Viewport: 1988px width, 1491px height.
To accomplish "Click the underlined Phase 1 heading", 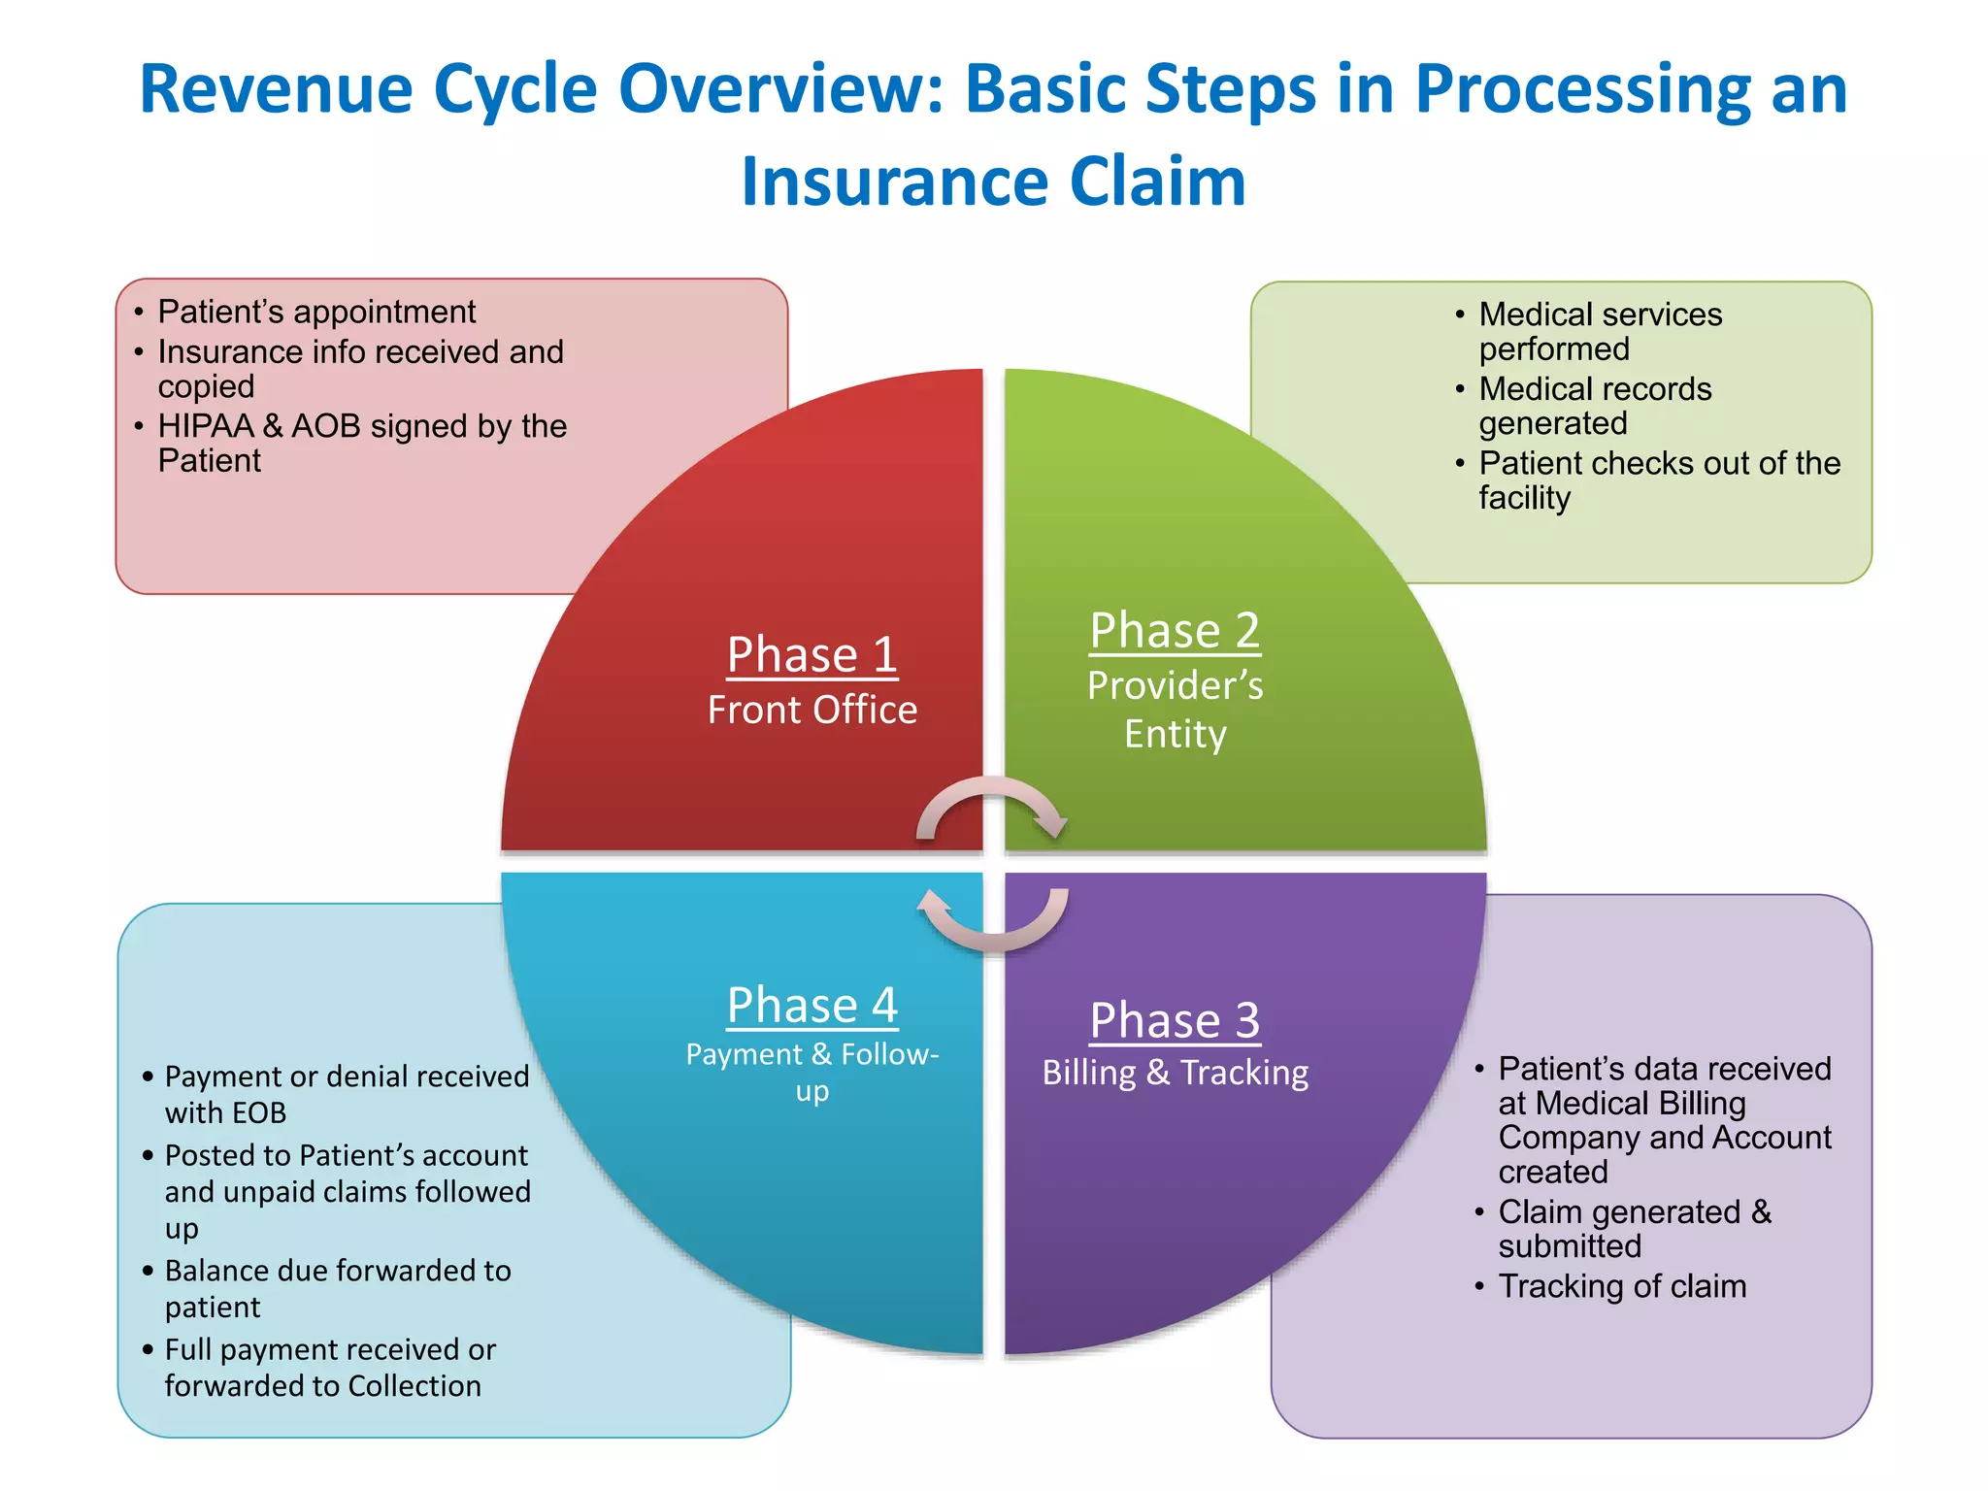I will [812, 654].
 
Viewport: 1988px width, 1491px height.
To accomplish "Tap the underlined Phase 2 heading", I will [1175, 631].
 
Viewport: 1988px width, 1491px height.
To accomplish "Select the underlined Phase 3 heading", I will [1175, 1021].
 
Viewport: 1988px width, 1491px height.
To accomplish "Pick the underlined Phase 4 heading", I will [812, 1006].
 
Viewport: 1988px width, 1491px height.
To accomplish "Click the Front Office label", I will [812, 711].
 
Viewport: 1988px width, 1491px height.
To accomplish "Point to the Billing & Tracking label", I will [1175, 1073].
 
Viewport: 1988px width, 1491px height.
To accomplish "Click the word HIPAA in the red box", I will [205, 426].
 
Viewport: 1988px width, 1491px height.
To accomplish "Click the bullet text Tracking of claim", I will [1622, 1286].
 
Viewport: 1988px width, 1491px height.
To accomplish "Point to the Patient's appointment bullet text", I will [316, 313].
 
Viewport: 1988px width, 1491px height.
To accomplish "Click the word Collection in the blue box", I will [414, 1386].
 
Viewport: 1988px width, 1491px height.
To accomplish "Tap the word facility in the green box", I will [1524, 498].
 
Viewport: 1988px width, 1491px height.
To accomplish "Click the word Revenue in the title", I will [276, 89].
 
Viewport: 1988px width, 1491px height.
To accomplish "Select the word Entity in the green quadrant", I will [1175, 735].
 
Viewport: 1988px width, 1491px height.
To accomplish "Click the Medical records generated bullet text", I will [1594, 406].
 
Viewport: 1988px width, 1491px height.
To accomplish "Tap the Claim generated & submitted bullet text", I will [1634, 1229].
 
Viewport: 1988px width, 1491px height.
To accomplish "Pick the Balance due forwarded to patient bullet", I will [337, 1289].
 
